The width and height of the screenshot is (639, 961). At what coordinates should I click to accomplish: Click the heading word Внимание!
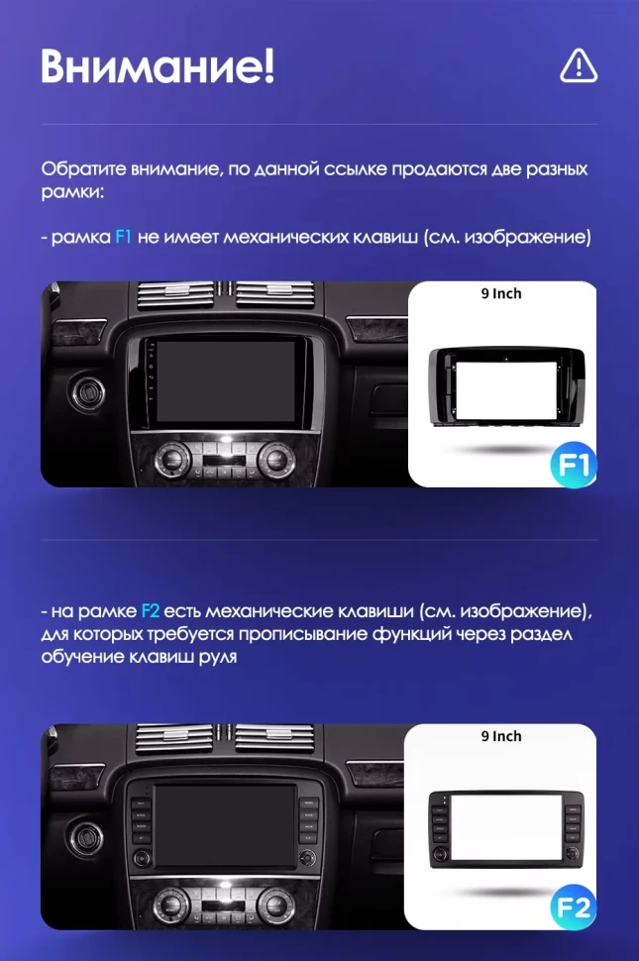[x=158, y=66]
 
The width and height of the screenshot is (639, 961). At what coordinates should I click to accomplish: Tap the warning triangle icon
[x=579, y=65]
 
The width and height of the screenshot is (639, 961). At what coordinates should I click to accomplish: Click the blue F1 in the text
[x=123, y=238]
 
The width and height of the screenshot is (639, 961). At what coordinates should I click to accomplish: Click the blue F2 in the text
[x=151, y=610]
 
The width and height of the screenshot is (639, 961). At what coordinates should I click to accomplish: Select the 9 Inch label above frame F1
[x=501, y=293]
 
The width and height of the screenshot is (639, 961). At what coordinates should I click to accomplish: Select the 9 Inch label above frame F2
[x=501, y=736]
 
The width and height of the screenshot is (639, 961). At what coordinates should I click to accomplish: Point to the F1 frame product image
[x=501, y=385]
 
